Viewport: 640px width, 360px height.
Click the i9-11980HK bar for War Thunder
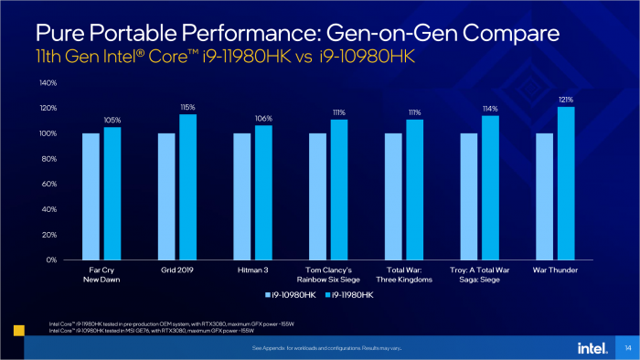click(x=566, y=184)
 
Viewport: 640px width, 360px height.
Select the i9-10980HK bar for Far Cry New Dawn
click(x=91, y=196)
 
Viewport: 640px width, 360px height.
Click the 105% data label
click(x=112, y=120)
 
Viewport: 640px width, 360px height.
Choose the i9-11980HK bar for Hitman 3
click(x=262, y=193)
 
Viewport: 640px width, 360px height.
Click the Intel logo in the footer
click(x=590, y=348)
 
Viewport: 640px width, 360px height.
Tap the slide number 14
click(x=627, y=348)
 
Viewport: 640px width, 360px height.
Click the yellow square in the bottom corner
click(x=18, y=329)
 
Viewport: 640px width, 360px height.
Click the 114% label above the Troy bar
click(x=490, y=108)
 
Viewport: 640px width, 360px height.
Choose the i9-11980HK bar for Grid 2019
click(x=187, y=187)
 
